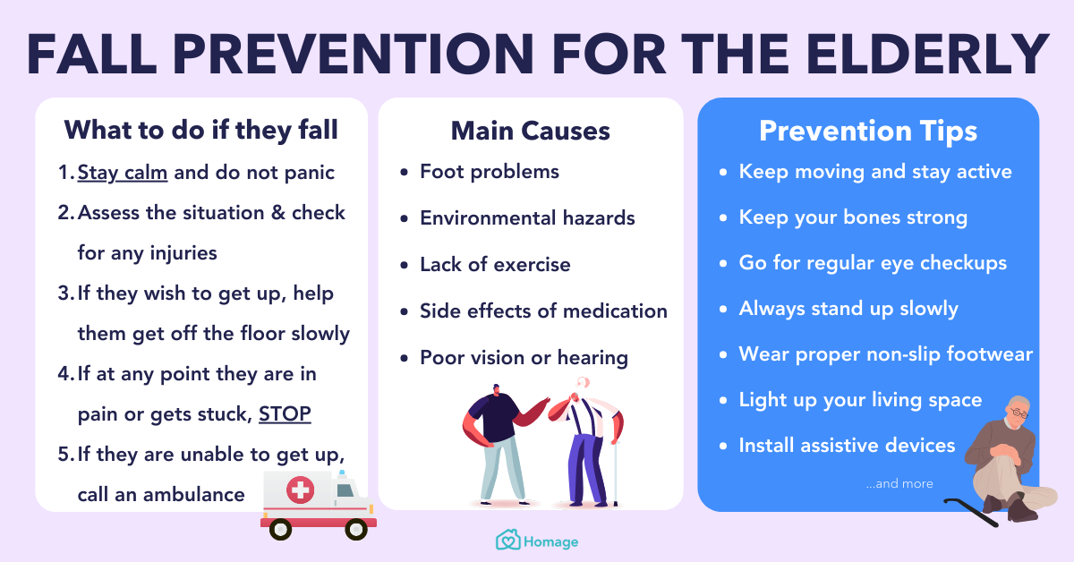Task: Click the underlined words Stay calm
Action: [x=123, y=172]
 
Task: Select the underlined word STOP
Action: [x=285, y=414]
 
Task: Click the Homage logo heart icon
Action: [x=507, y=541]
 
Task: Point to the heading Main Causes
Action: [x=530, y=131]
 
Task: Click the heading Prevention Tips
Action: [x=867, y=132]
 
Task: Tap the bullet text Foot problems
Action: [x=489, y=172]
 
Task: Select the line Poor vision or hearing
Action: [x=524, y=358]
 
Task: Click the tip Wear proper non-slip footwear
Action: [x=885, y=353]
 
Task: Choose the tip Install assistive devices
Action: [x=847, y=445]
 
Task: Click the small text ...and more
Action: [x=899, y=484]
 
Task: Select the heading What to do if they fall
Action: [x=200, y=131]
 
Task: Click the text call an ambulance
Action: [x=160, y=494]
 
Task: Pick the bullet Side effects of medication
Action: [x=543, y=311]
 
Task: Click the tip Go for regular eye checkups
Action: [x=873, y=263]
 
